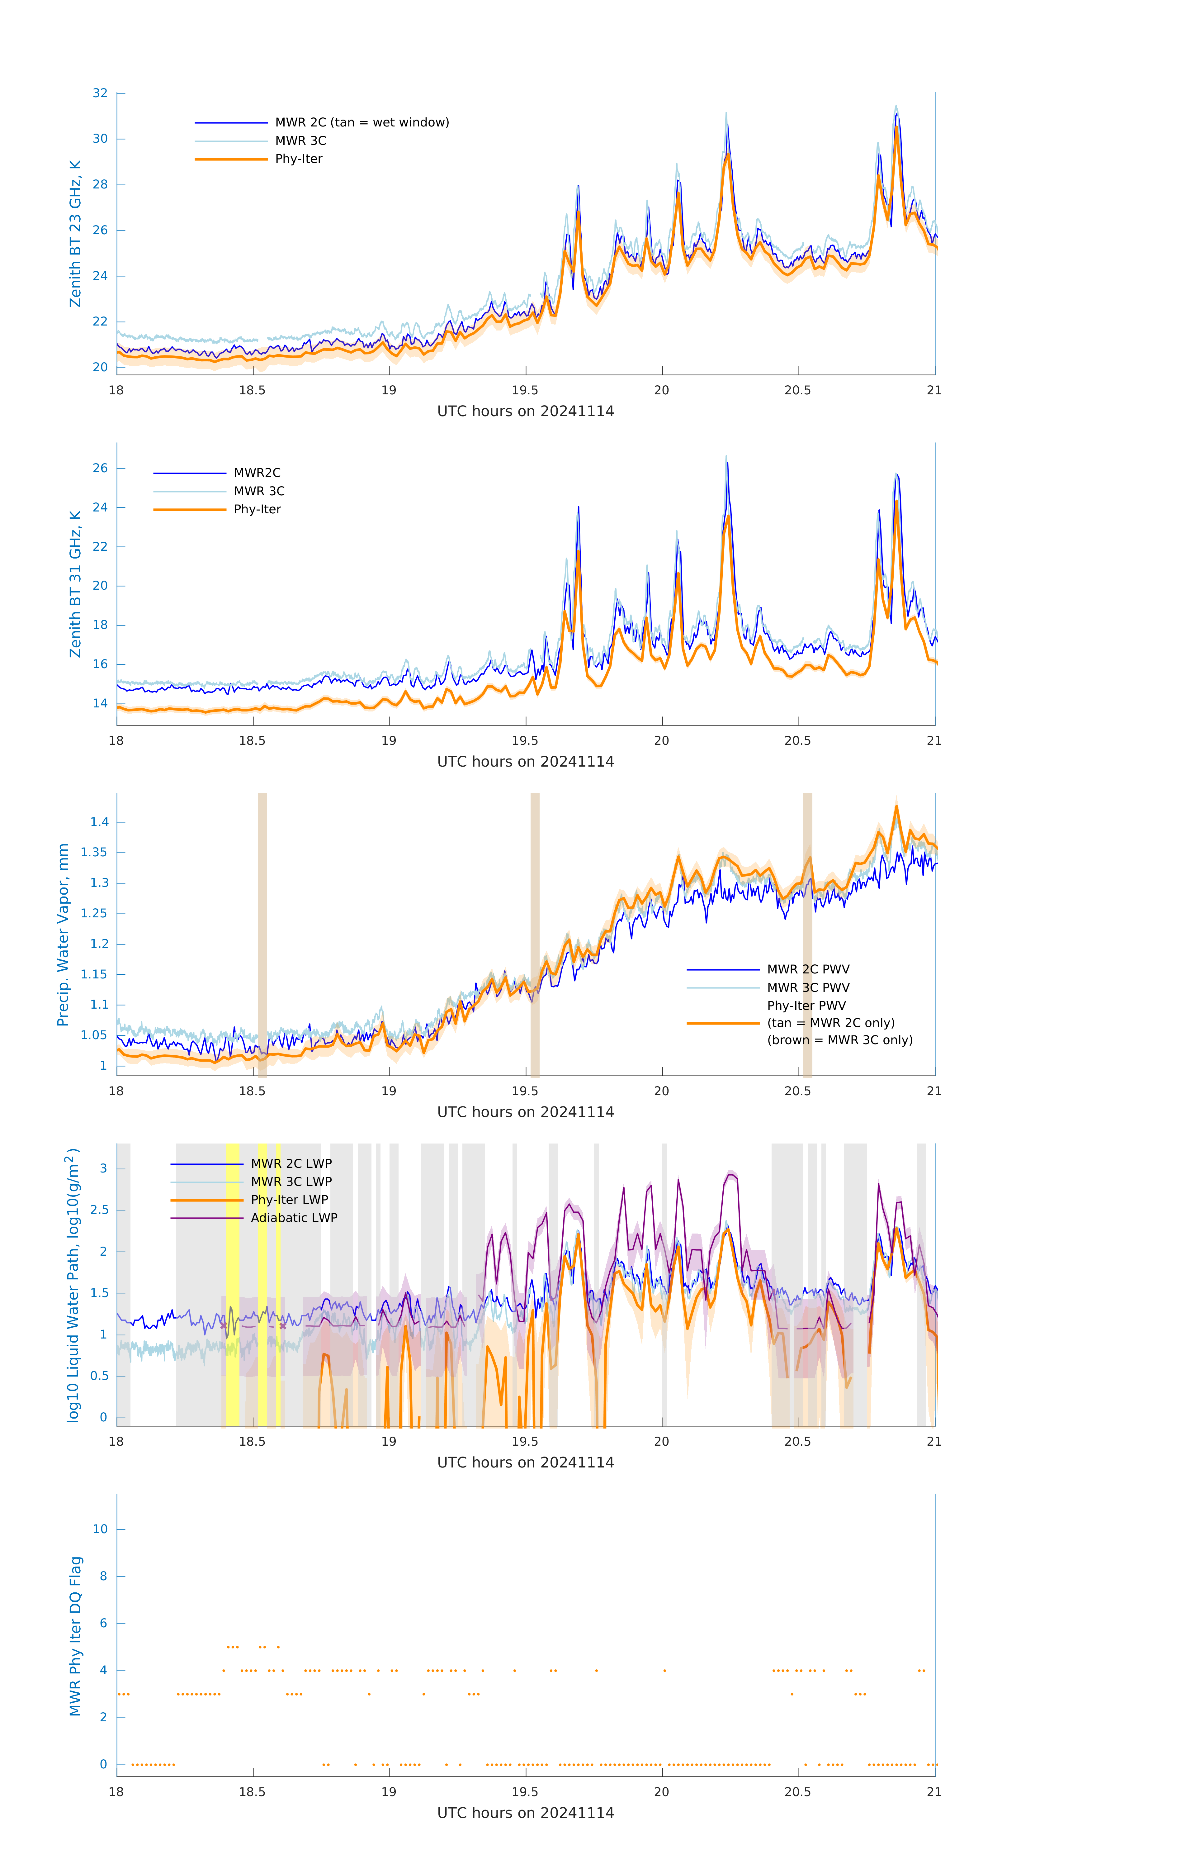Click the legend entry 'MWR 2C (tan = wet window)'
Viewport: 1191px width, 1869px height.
[362, 123]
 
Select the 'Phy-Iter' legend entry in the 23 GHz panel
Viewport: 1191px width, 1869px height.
[299, 159]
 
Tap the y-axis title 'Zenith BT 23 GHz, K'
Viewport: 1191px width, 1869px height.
[75, 234]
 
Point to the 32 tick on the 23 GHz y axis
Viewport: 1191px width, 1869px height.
[100, 93]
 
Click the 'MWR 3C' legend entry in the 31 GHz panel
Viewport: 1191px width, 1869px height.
[259, 491]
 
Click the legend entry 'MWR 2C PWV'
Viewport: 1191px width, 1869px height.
[808, 969]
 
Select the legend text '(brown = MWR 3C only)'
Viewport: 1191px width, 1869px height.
[839, 1040]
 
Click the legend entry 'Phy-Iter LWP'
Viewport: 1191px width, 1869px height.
[289, 1200]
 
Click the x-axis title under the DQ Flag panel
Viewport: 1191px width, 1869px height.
[525, 1813]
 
